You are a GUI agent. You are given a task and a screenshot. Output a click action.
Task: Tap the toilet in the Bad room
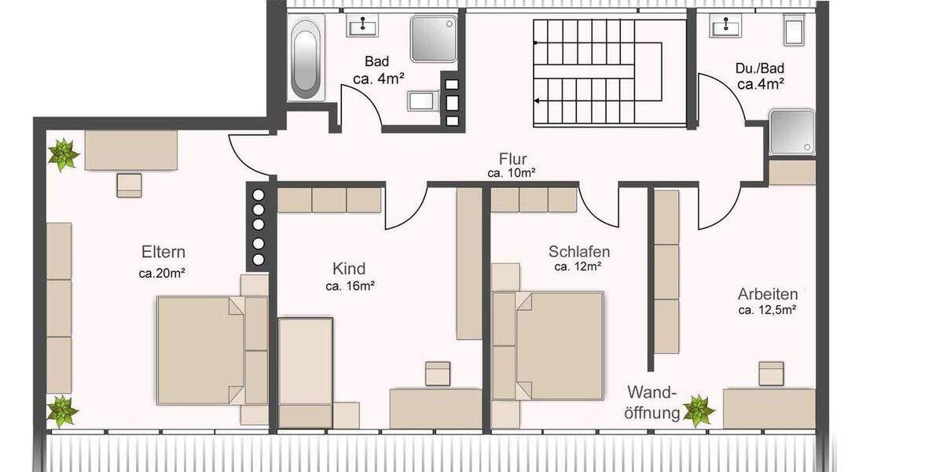[x=420, y=101]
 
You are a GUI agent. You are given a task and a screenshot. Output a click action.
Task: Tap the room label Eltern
[x=163, y=253]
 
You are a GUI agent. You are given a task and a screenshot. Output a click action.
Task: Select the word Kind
[x=349, y=268]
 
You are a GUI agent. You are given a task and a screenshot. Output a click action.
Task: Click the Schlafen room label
[x=579, y=252]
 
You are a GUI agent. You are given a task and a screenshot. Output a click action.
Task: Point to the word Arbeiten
[x=767, y=294]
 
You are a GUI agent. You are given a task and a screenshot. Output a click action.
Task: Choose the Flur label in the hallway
[x=512, y=160]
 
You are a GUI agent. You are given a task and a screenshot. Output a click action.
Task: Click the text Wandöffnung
[x=652, y=401]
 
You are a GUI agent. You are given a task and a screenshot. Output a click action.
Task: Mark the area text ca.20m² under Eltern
[x=163, y=274]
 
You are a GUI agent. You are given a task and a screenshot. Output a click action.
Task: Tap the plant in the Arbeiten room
[x=697, y=410]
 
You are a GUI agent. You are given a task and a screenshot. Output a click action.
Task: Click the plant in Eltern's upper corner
[x=64, y=154]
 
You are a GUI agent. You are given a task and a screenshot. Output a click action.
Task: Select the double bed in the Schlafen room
[x=558, y=345]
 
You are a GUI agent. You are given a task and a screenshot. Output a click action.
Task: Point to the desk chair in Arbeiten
[x=771, y=373]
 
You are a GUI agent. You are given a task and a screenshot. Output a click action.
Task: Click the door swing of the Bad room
[x=358, y=106]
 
